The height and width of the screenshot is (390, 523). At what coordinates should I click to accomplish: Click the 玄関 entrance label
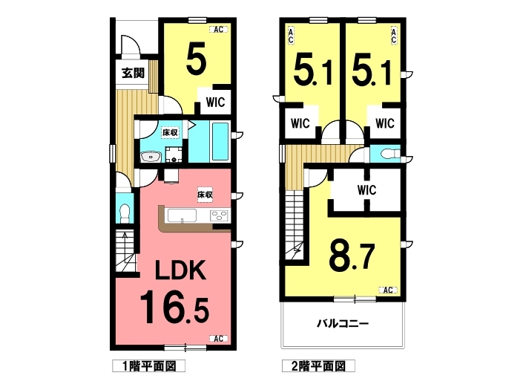(133, 73)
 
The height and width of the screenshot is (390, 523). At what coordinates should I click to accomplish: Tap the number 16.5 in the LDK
(174, 308)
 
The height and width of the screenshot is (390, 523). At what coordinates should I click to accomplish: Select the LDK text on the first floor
(180, 270)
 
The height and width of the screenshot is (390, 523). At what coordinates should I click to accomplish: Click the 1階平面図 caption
(149, 366)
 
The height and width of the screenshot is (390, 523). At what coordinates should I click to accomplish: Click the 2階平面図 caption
(318, 366)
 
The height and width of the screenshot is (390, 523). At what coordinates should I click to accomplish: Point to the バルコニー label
(343, 324)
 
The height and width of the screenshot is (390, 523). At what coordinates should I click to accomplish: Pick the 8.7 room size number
(352, 256)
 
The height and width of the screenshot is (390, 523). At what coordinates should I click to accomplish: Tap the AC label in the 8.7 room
(387, 290)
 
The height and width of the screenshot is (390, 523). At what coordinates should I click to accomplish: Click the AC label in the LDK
(218, 339)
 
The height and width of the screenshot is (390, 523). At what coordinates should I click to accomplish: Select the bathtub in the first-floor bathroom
(220, 141)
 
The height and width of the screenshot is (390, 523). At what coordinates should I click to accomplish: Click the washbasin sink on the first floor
(151, 157)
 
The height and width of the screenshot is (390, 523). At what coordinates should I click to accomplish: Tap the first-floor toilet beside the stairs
(125, 212)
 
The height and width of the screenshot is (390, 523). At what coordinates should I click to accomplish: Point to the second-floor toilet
(389, 153)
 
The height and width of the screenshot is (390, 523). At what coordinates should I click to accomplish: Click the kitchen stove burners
(220, 215)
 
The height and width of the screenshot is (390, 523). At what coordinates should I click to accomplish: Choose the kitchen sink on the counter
(182, 215)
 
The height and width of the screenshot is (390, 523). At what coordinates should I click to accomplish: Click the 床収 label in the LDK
(205, 195)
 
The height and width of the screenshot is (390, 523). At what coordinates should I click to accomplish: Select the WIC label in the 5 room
(215, 102)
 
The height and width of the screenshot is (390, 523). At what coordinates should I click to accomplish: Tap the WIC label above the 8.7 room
(367, 190)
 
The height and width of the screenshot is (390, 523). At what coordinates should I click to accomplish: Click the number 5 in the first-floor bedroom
(196, 60)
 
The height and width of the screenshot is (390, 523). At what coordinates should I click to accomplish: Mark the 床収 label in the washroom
(170, 132)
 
